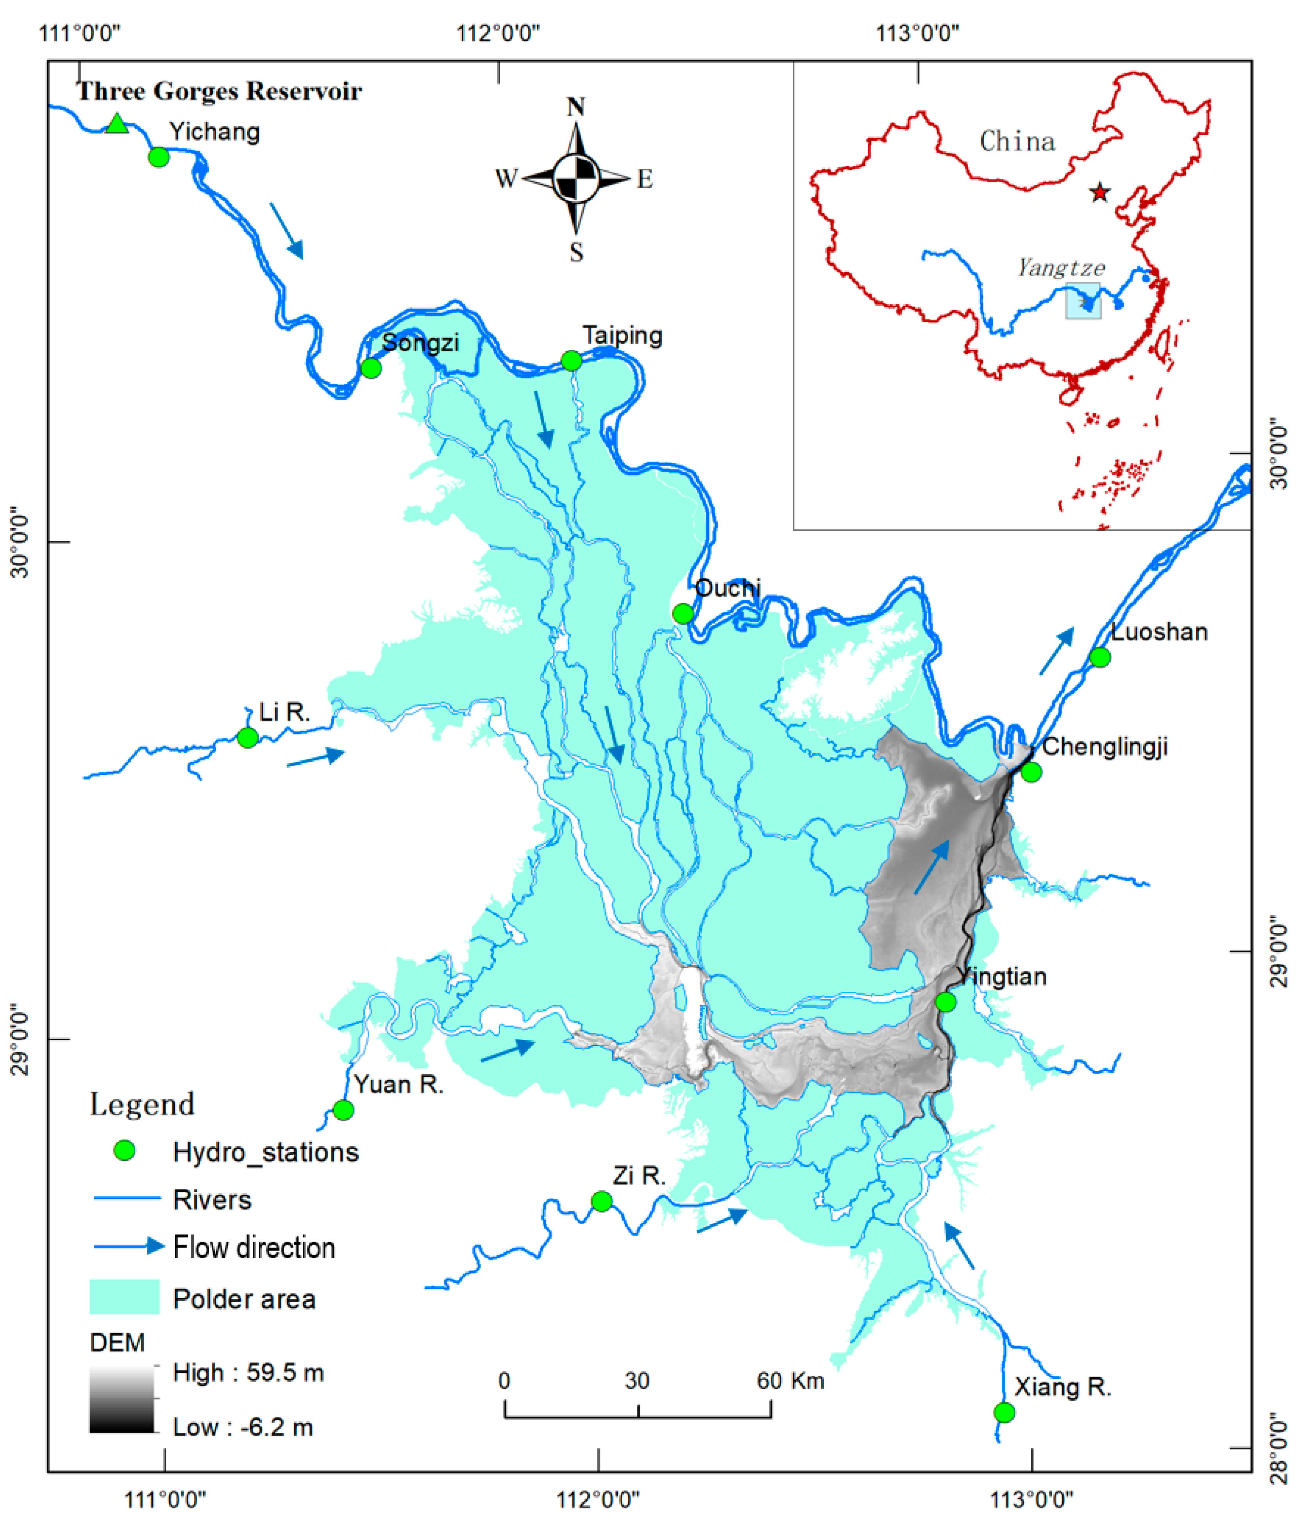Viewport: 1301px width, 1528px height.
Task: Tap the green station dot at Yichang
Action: click(159, 157)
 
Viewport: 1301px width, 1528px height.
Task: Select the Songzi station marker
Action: click(371, 368)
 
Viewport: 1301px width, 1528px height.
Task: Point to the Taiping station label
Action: click(622, 335)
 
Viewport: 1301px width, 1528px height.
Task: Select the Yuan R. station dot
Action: click(344, 1110)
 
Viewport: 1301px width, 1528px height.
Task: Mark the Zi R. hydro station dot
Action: click(602, 1201)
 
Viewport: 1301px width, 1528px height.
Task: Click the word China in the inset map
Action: click(1017, 142)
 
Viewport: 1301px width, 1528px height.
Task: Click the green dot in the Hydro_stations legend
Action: click(125, 1150)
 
